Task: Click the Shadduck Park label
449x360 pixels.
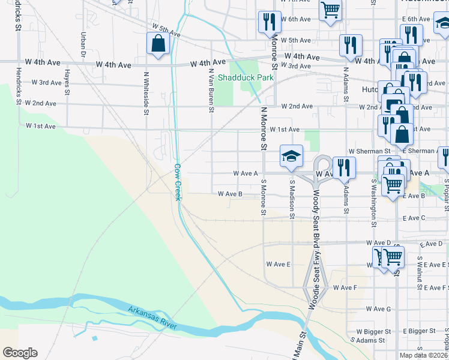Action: pos(246,77)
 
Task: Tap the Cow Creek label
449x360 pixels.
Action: pos(178,182)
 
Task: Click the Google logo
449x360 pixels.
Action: pos(20,352)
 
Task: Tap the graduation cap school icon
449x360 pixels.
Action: pos(291,156)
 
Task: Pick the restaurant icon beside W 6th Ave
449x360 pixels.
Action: pos(268,22)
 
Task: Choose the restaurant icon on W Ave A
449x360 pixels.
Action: pos(343,167)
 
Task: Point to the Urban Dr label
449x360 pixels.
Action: pos(82,41)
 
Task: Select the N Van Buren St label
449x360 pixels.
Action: pos(211,90)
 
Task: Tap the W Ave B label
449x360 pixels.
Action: pos(230,194)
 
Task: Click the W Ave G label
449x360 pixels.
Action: pos(378,309)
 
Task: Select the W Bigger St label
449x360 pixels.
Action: pos(373,331)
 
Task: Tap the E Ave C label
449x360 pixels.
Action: pos(414,218)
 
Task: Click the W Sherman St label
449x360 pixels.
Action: pos(369,151)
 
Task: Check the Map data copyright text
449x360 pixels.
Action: pos(424,355)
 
